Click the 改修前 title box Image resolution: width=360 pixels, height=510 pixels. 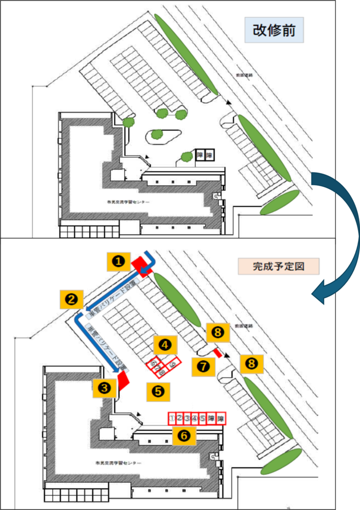(x=274, y=31)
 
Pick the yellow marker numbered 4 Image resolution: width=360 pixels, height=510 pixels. (x=165, y=344)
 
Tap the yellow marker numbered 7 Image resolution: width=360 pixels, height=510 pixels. (x=203, y=366)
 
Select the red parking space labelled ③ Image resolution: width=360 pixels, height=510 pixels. (x=187, y=418)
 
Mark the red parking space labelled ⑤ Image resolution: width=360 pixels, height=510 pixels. (x=202, y=418)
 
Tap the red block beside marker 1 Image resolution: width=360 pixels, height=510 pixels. (x=141, y=264)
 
